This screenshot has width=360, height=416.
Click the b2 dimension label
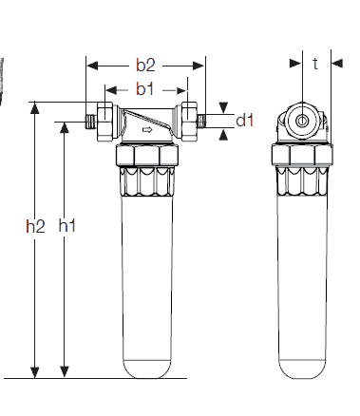point(145,65)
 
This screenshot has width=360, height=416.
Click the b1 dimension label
point(145,89)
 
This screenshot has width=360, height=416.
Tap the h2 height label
point(35,226)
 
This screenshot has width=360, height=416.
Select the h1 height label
point(67,225)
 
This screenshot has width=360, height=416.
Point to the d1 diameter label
point(245,121)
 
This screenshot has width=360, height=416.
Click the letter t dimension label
point(315,64)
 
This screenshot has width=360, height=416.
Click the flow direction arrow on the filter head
point(147,129)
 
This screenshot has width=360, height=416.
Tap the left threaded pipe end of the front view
point(91,122)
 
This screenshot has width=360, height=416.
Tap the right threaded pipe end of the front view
point(201,122)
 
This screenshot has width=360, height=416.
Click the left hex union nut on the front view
point(104,122)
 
